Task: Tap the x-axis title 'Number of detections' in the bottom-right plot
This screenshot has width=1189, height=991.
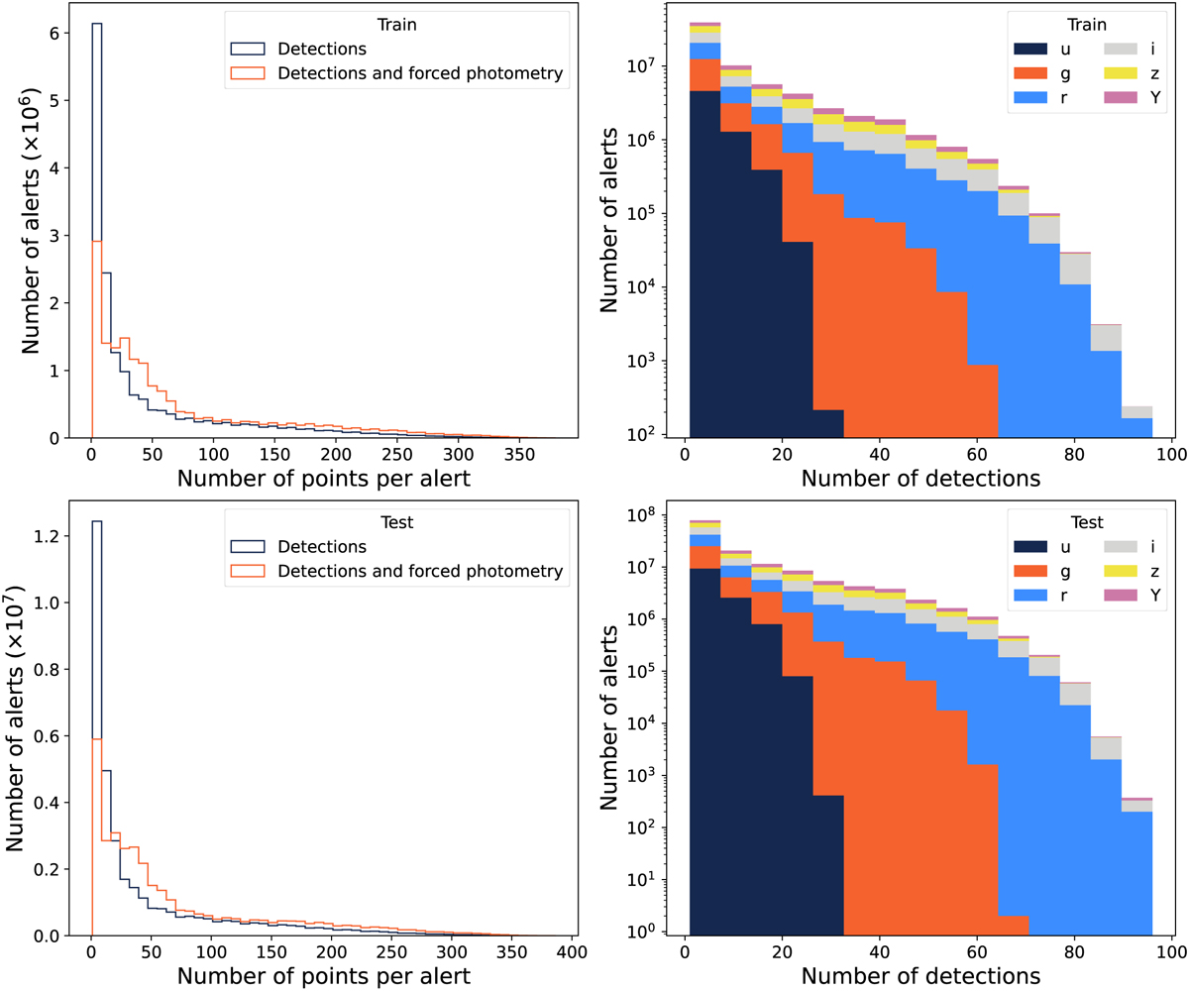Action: click(x=920, y=975)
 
